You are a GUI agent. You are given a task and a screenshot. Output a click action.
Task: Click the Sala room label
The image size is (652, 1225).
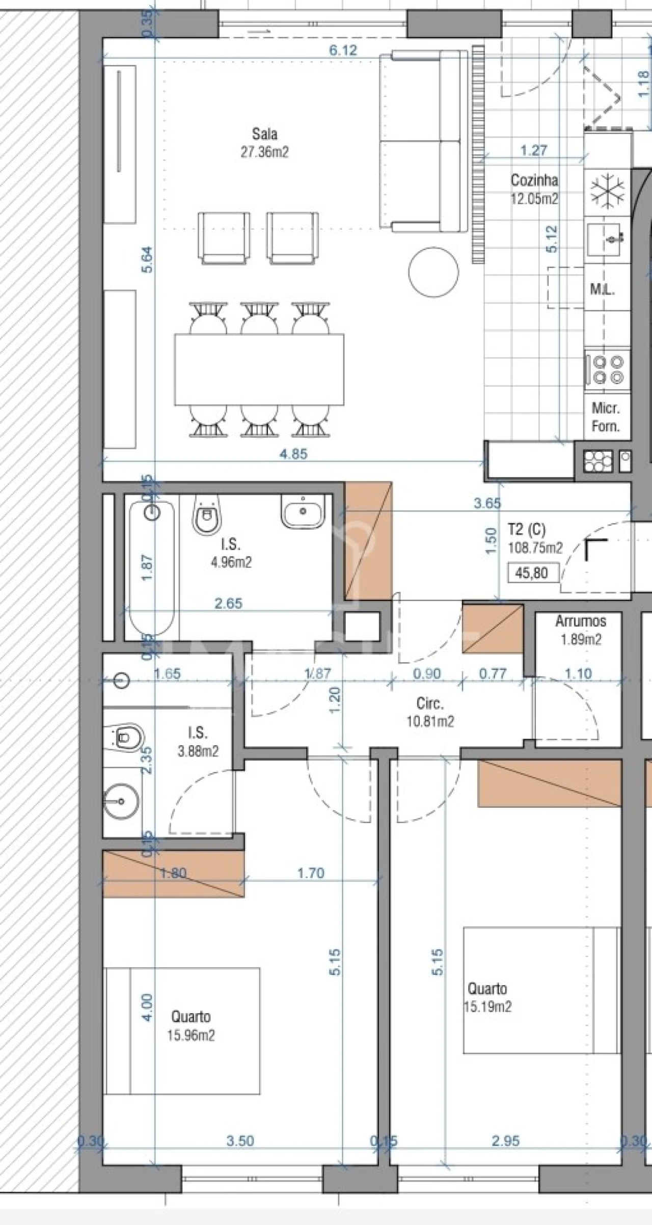pos(264,134)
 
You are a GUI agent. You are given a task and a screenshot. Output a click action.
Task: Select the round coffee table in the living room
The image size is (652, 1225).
pos(433,272)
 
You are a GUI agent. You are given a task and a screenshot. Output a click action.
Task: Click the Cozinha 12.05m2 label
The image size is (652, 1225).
pos(534,189)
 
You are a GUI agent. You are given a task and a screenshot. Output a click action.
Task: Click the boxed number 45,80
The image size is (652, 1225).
pos(532,573)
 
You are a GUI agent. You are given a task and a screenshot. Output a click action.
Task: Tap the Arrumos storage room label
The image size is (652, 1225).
pos(581,621)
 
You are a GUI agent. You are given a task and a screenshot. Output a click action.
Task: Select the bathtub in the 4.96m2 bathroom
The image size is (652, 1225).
pos(152,565)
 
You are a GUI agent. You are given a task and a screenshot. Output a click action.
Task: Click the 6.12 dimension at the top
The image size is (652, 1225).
pos(343,50)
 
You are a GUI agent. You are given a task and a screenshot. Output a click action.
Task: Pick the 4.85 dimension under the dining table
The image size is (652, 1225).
pos(293,454)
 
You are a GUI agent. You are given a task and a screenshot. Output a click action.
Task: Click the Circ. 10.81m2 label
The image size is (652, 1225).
pos(430,712)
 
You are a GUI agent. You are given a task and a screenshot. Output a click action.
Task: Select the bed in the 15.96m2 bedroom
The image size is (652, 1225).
pos(182,1030)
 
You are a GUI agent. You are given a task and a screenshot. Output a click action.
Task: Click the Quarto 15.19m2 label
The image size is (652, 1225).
pos(487,997)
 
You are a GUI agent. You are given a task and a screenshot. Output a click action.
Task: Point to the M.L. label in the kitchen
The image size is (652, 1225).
pos(602,290)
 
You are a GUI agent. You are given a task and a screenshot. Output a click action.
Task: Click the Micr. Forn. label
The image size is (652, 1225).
pos(606,417)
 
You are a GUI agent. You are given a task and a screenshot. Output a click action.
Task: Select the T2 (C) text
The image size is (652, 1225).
pos(526,530)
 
